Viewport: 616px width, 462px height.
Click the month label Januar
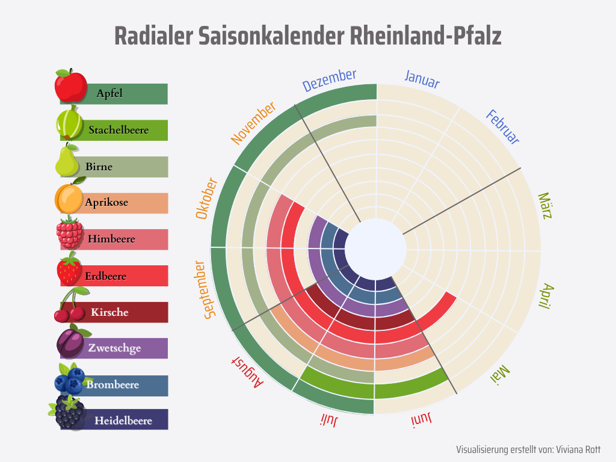coord(422,79)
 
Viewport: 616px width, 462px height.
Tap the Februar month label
coord(502,127)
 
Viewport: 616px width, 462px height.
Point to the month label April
coord(544,296)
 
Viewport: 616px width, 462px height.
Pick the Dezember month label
coord(329,80)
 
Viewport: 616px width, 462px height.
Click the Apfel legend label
coord(109,93)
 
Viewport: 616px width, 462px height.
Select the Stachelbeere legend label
coord(119,130)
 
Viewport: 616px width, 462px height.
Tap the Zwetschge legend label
coord(114,348)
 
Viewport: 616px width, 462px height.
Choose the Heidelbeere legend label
coord(123,420)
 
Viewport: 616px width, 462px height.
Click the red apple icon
coord(70,86)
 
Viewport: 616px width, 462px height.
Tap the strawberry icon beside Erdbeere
coord(69,269)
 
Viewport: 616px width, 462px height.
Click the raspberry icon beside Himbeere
coord(70,233)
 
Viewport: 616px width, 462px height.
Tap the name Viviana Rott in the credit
coord(577,449)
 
